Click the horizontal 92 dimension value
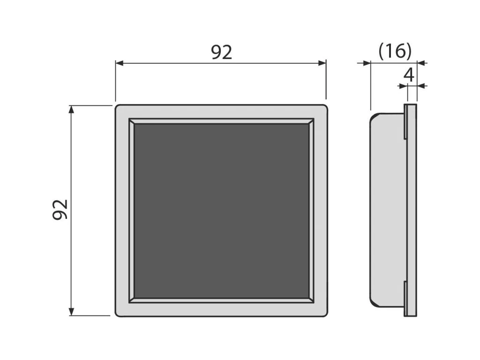point(221,52)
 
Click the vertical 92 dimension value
point(60,209)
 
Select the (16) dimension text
point(395,51)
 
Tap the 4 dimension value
point(409,75)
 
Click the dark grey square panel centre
point(221,210)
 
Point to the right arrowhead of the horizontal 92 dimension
point(323,63)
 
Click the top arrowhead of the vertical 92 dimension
point(71,109)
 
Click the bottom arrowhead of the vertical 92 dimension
point(71,312)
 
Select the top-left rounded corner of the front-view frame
point(118,107)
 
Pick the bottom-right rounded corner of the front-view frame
point(324,314)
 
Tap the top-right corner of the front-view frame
point(324,107)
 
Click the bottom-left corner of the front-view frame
point(118,314)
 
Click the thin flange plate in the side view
point(411,210)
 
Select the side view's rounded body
point(386,210)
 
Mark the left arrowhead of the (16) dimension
point(367,63)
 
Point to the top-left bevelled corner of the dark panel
point(131,121)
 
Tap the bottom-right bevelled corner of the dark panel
point(311,300)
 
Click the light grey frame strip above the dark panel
point(221,112)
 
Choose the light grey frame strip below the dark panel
point(221,309)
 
